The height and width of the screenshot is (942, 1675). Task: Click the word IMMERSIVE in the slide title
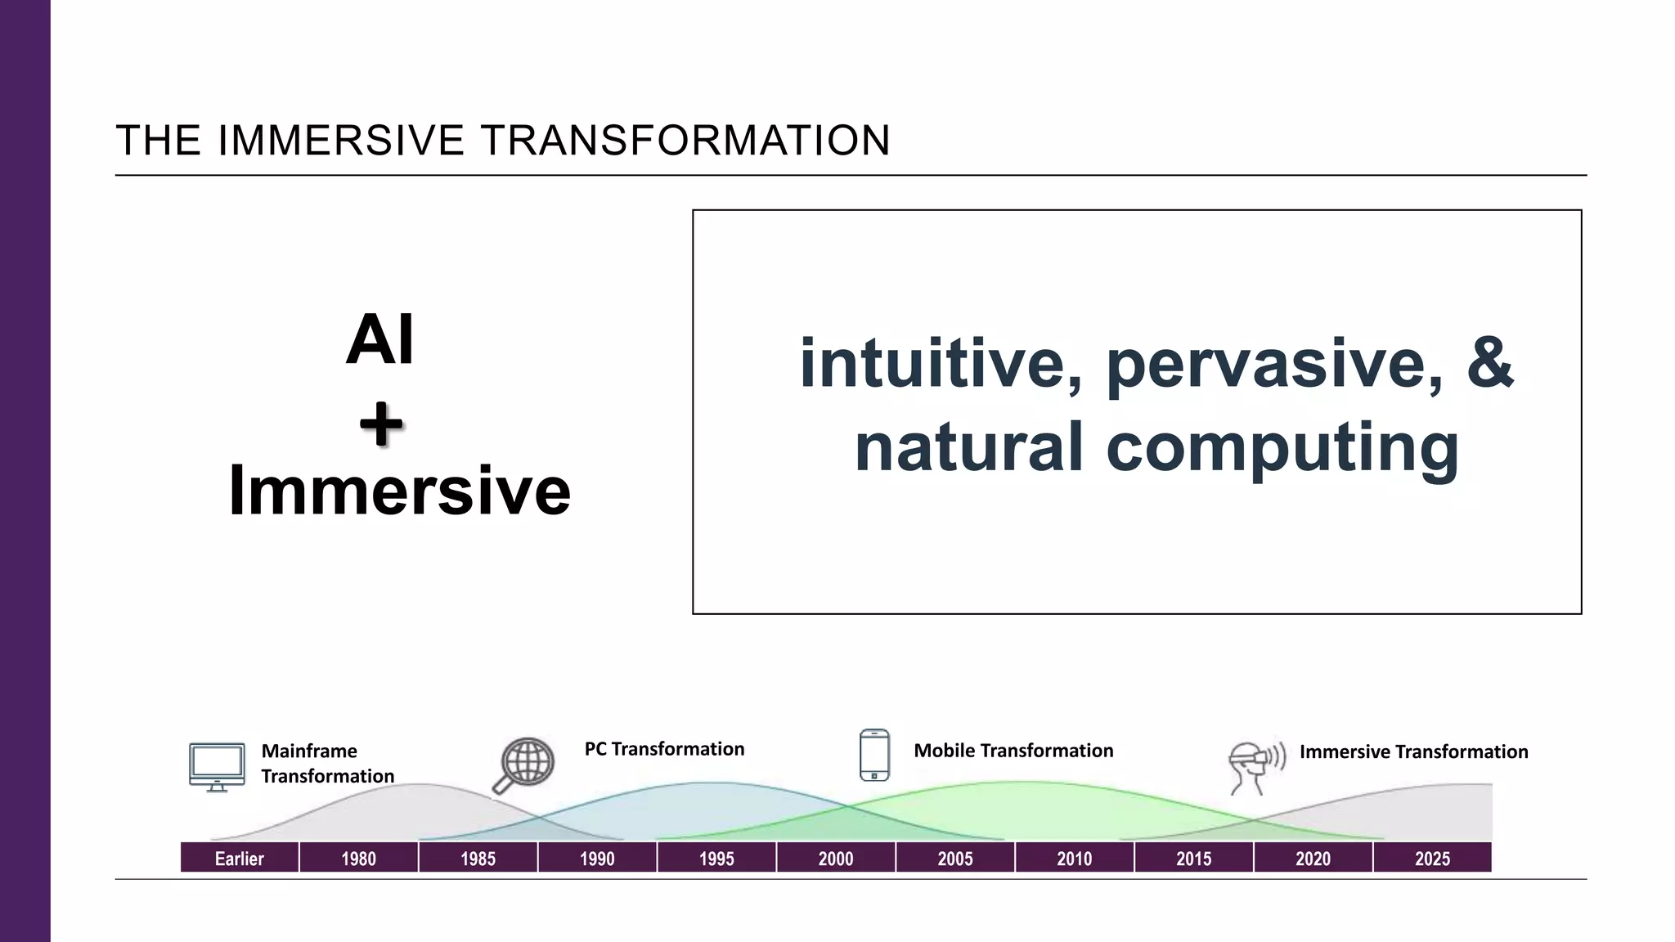click(341, 141)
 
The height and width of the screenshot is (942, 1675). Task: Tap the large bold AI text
click(380, 340)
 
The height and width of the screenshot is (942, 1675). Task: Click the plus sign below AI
click(381, 425)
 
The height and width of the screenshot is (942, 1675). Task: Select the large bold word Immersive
click(399, 491)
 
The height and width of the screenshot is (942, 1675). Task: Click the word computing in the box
click(1282, 448)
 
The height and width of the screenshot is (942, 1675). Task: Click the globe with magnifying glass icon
click(525, 765)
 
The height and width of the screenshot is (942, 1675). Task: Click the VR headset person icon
click(1255, 767)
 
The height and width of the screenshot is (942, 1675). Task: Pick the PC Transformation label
click(664, 749)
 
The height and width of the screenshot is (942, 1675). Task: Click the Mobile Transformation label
click(1013, 751)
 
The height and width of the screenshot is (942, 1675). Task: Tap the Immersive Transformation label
click(1413, 751)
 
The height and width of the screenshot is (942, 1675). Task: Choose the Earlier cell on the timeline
click(240, 858)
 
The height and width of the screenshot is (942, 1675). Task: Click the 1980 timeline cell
click(359, 858)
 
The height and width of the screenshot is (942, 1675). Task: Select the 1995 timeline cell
click(716, 858)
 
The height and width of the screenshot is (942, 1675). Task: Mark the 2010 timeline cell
click(1074, 858)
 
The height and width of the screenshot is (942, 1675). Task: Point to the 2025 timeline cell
click(1432, 858)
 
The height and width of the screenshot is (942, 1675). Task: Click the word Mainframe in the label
click(309, 751)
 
